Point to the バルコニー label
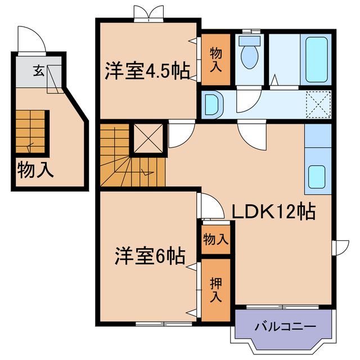coord(285,326)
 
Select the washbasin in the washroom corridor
coord(213,105)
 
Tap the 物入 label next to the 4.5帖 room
coord(216,60)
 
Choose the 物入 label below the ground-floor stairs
coord(35,169)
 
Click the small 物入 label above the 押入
coord(216,239)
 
